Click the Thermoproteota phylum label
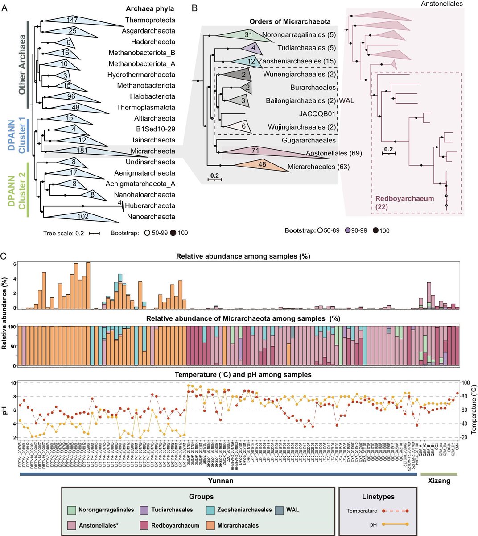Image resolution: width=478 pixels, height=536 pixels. (x=150, y=20)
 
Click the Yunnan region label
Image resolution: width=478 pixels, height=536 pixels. (x=221, y=481)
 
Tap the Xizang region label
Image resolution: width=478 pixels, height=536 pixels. (x=439, y=481)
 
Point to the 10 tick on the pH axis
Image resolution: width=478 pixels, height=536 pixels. (x=13, y=383)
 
